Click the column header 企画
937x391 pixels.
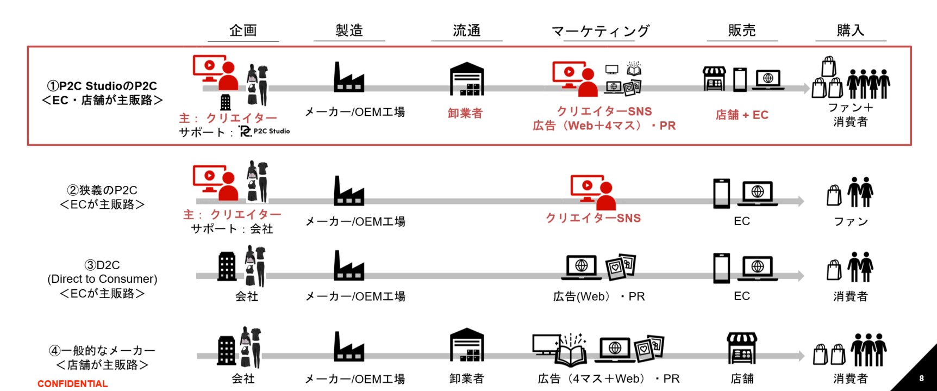pyautogui.click(x=243, y=30)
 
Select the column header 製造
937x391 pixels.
pyautogui.click(x=349, y=30)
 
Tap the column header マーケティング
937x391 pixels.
pyautogui.click(x=601, y=31)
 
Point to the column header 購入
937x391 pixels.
pyautogui.click(x=851, y=30)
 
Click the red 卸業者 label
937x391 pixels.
pyautogui.click(x=465, y=113)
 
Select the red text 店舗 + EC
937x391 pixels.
pyautogui.click(x=742, y=115)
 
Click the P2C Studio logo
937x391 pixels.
pyautogui.click(x=265, y=131)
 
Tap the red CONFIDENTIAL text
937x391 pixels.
pyautogui.click(x=72, y=384)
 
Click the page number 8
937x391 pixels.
pyautogui.click(x=921, y=378)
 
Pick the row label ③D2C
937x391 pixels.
pyautogui.click(x=102, y=265)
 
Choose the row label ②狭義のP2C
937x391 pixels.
pyautogui.click(x=102, y=190)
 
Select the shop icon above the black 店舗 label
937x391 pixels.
pyautogui.click(x=742, y=349)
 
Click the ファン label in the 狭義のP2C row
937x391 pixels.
pyautogui.click(x=851, y=221)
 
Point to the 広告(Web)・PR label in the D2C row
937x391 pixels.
pyautogui.click(x=599, y=296)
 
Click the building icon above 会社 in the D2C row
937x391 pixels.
pyautogui.click(x=227, y=266)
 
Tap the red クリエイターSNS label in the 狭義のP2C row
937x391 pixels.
pyautogui.click(x=594, y=218)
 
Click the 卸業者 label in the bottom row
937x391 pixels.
pyautogui.click(x=466, y=378)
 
